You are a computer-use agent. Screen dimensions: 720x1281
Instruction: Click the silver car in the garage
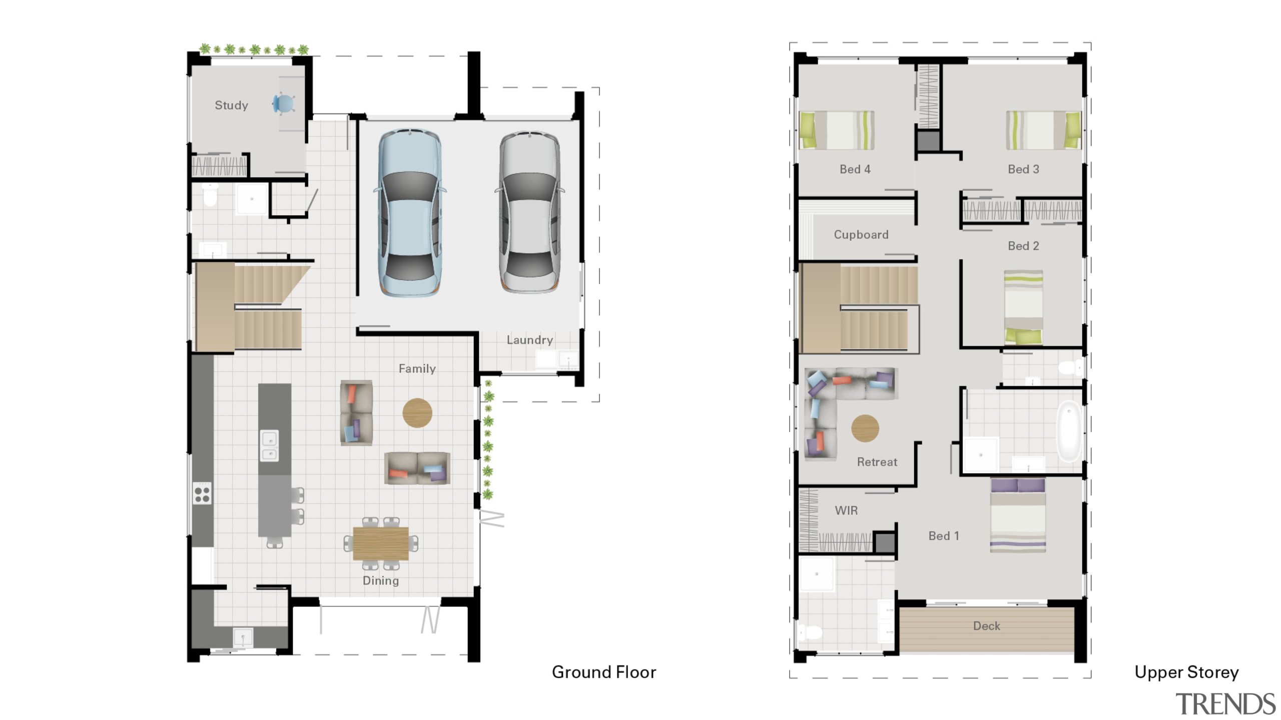pos(530,212)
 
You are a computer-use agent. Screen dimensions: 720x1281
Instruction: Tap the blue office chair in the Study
pos(284,104)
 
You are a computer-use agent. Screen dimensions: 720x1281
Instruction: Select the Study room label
pos(231,105)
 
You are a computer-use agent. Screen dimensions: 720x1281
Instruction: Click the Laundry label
pos(529,340)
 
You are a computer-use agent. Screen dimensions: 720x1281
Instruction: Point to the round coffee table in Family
pos(417,412)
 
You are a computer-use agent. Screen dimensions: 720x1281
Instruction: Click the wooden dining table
pos(380,543)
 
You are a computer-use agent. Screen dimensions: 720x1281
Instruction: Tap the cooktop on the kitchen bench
pos(202,493)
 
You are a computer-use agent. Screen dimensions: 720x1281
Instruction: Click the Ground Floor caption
pos(603,672)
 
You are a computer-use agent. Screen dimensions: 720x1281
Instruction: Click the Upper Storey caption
pos(1186,672)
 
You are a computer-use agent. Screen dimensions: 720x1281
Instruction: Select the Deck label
pos(986,626)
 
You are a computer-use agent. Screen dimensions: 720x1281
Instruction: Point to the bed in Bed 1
pos(1017,515)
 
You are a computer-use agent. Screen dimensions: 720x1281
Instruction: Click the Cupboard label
pos(861,234)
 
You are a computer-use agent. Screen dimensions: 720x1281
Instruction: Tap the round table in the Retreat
pos(865,428)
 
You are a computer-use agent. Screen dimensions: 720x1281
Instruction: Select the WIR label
pos(846,510)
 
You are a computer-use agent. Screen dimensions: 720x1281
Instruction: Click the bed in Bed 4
pos(837,130)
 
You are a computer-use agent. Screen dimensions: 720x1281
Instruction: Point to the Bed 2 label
pos(1023,246)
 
